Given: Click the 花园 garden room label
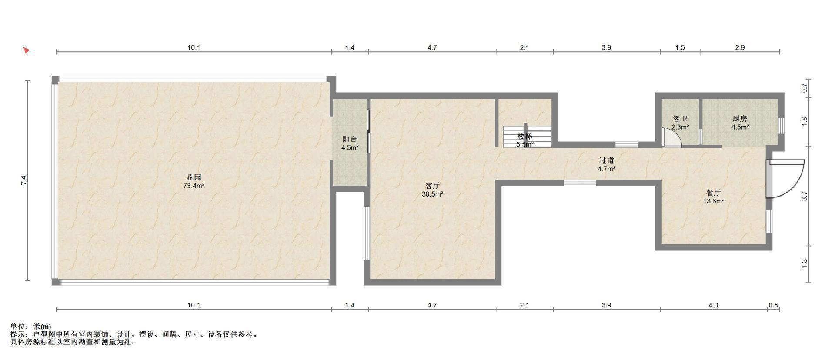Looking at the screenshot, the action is coord(194,177).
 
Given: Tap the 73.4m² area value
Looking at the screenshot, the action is coord(194,186).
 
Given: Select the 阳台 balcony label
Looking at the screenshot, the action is coord(350,139).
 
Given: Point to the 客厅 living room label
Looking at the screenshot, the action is coord(432,186).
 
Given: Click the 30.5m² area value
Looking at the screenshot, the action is coord(432,194).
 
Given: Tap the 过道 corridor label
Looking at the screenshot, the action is coord(606,160).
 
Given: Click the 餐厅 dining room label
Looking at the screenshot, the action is coord(714,193).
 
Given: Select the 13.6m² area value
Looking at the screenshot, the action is coord(714,201).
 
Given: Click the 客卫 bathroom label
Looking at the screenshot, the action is coord(680,119).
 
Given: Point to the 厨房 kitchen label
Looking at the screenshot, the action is coord(740,119).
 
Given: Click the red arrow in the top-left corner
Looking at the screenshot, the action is coord(27,50).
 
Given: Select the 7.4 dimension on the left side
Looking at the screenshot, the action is coord(24,180).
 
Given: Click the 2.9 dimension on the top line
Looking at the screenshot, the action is coord(740,47).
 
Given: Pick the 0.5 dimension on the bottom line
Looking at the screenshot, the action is coord(773,305).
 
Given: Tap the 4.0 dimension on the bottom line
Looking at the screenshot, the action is coord(713,305).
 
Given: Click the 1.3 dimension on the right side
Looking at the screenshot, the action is coord(804,263).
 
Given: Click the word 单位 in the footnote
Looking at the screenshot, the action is coord(17,327).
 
